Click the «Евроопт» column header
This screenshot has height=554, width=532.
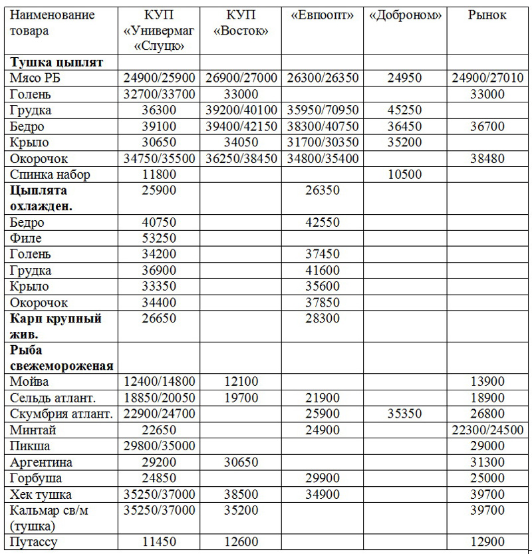(x=323, y=15)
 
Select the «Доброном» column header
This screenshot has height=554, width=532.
(x=406, y=15)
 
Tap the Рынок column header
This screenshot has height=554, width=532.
(x=487, y=15)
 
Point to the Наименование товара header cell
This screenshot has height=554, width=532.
(x=52, y=23)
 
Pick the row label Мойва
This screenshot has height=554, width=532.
(x=30, y=382)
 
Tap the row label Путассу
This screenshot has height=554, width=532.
(x=34, y=542)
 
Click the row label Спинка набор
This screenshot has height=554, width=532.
(x=50, y=175)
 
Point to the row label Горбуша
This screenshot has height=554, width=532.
(x=37, y=478)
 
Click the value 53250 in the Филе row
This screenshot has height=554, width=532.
(x=159, y=238)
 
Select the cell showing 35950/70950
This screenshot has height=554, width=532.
(x=323, y=110)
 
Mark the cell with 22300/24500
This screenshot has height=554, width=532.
(x=487, y=430)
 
